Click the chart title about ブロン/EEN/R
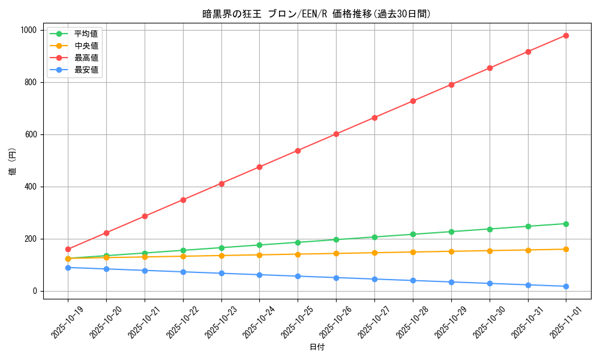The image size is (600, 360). click(x=317, y=14)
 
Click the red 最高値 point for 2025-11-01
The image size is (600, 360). click(x=566, y=35)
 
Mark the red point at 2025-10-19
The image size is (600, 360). click(x=68, y=249)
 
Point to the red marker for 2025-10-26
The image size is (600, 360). click(x=336, y=134)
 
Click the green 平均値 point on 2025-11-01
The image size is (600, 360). click(x=566, y=224)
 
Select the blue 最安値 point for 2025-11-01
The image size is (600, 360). click(x=566, y=286)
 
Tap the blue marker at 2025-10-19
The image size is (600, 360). click(x=68, y=268)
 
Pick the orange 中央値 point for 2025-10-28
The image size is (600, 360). click(x=413, y=252)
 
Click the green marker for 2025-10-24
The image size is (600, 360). click(x=259, y=245)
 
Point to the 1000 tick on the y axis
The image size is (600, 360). click(x=28, y=30)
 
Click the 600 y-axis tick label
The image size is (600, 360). click(x=31, y=134)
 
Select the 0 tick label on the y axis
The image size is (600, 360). click(x=35, y=291)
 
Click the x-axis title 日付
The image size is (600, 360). click(x=317, y=347)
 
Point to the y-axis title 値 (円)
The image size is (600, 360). click(x=13, y=163)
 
